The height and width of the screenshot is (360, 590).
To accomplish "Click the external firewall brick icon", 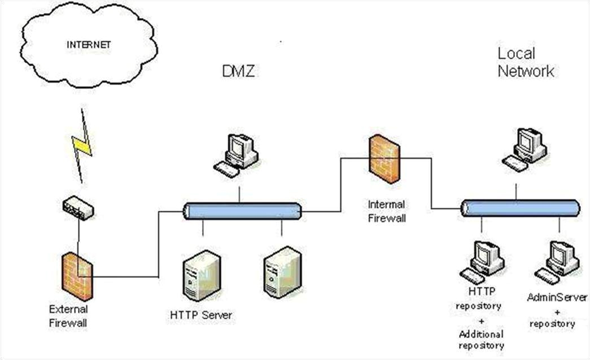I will click(77, 277).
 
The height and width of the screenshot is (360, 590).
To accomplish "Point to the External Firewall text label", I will click(68, 316).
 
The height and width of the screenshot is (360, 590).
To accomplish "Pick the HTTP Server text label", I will click(201, 315).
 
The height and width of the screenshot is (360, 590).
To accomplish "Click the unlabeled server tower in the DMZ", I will click(282, 271).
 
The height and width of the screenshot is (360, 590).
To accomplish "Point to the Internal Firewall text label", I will click(387, 212).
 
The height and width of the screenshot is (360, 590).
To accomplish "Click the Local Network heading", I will click(525, 62).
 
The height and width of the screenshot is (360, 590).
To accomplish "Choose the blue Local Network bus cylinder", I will click(519, 208).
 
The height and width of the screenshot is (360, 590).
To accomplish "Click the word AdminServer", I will click(557, 297).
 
